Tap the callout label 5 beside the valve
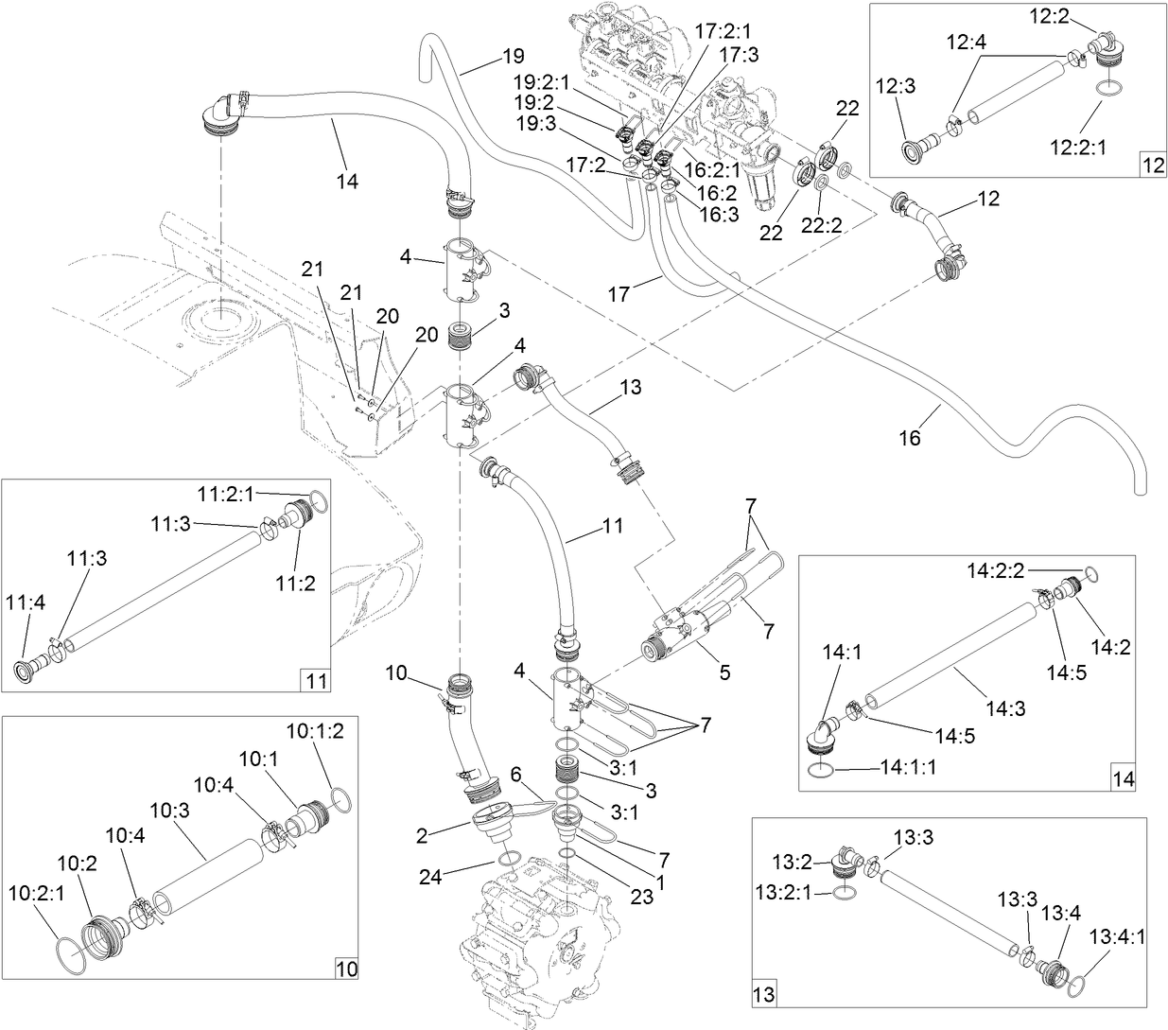(725, 673)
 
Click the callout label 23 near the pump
(641, 897)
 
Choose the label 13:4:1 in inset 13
(1117, 935)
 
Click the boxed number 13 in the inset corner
(762, 994)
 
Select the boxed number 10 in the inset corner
(347, 968)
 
